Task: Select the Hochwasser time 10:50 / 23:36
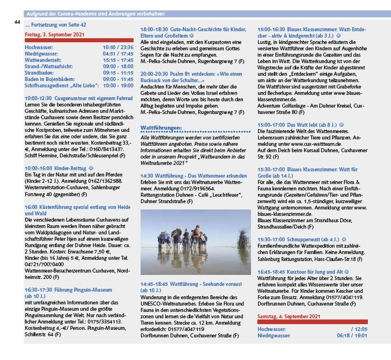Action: click(x=118, y=46)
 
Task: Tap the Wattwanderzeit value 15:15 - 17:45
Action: click(x=118, y=59)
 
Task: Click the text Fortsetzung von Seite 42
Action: click(x=56, y=26)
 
